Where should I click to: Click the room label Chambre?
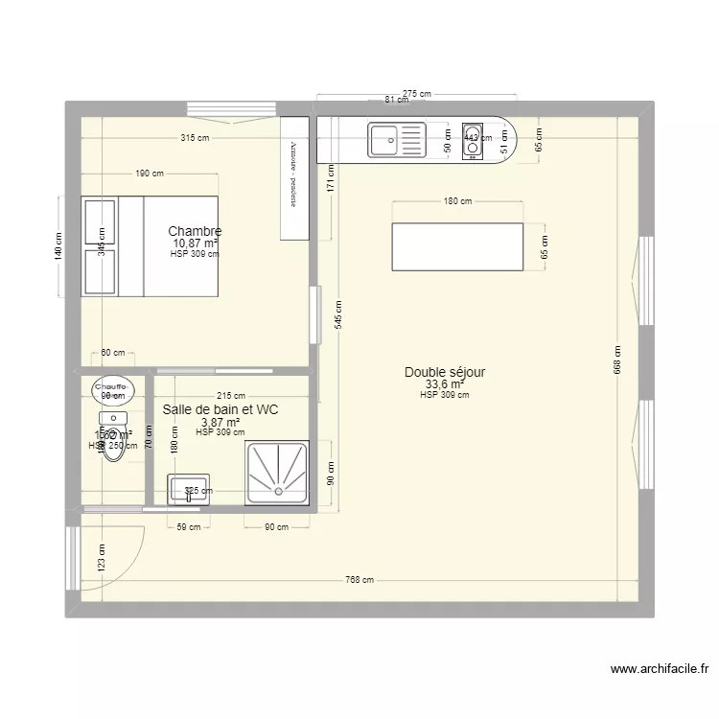(195, 231)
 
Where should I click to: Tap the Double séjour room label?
(445, 372)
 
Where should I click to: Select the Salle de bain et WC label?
(220, 409)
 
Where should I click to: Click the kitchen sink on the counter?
(396, 142)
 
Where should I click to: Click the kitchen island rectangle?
(457, 247)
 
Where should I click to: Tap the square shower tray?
(277, 472)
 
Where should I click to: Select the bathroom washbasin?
(190, 489)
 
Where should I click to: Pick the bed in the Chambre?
(151, 245)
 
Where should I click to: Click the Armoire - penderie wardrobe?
(293, 178)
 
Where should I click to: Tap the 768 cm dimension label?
(360, 580)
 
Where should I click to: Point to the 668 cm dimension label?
(618, 359)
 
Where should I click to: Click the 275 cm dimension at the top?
(417, 93)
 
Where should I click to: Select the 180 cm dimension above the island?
(458, 201)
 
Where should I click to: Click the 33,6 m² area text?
(444, 385)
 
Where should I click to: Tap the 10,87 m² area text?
(195, 244)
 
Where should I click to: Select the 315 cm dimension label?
(195, 138)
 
